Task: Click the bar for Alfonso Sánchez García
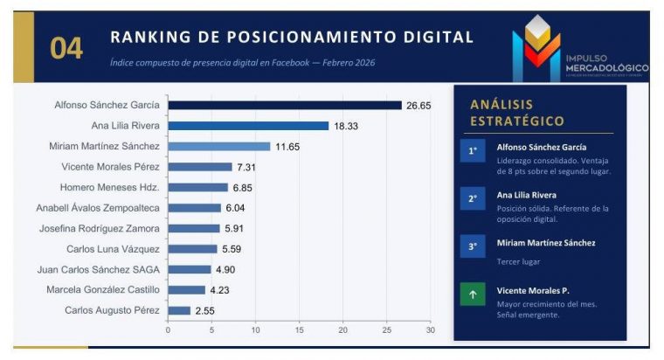click(285, 106)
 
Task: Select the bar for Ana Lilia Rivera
click(248, 126)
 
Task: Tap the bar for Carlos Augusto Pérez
click(179, 310)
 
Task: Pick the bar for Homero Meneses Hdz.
click(197, 187)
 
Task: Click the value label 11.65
click(287, 147)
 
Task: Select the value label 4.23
click(218, 290)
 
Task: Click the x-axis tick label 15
click(299, 330)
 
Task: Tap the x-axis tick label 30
click(430, 330)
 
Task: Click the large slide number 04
click(66, 49)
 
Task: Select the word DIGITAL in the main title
click(427, 38)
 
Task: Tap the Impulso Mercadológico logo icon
click(536, 49)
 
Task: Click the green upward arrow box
click(473, 294)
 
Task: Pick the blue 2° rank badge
click(473, 198)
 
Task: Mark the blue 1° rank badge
click(473, 150)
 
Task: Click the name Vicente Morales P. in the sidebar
click(535, 290)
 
